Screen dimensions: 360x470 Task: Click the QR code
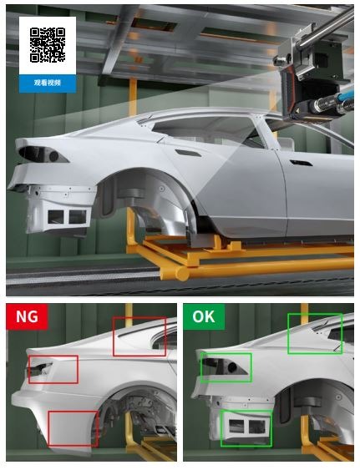(x=48, y=45)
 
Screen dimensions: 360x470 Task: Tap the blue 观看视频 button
(x=48, y=83)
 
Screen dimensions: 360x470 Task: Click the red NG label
(x=27, y=316)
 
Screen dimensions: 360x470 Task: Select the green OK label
(x=204, y=316)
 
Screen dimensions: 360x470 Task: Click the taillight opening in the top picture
(x=42, y=154)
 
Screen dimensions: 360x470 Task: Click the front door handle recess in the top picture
(x=301, y=163)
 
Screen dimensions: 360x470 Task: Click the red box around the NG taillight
(x=29, y=369)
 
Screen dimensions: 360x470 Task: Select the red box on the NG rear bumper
(x=48, y=428)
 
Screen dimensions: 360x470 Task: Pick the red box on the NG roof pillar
(x=114, y=336)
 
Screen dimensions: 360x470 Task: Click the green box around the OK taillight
(x=201, y=367)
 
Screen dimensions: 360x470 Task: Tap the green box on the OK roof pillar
(x=288, y=334)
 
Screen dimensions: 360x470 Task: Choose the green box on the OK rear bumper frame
(x=221, y=428)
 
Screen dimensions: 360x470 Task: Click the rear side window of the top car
(x=204, y=129)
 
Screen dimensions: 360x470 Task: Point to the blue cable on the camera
(x=345, y=97)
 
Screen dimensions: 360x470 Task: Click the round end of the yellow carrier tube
(x=182, y=273)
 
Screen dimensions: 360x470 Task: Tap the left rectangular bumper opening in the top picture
(x=56, y=217)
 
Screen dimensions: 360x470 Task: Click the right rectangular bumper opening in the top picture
(x=78, y=217)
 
